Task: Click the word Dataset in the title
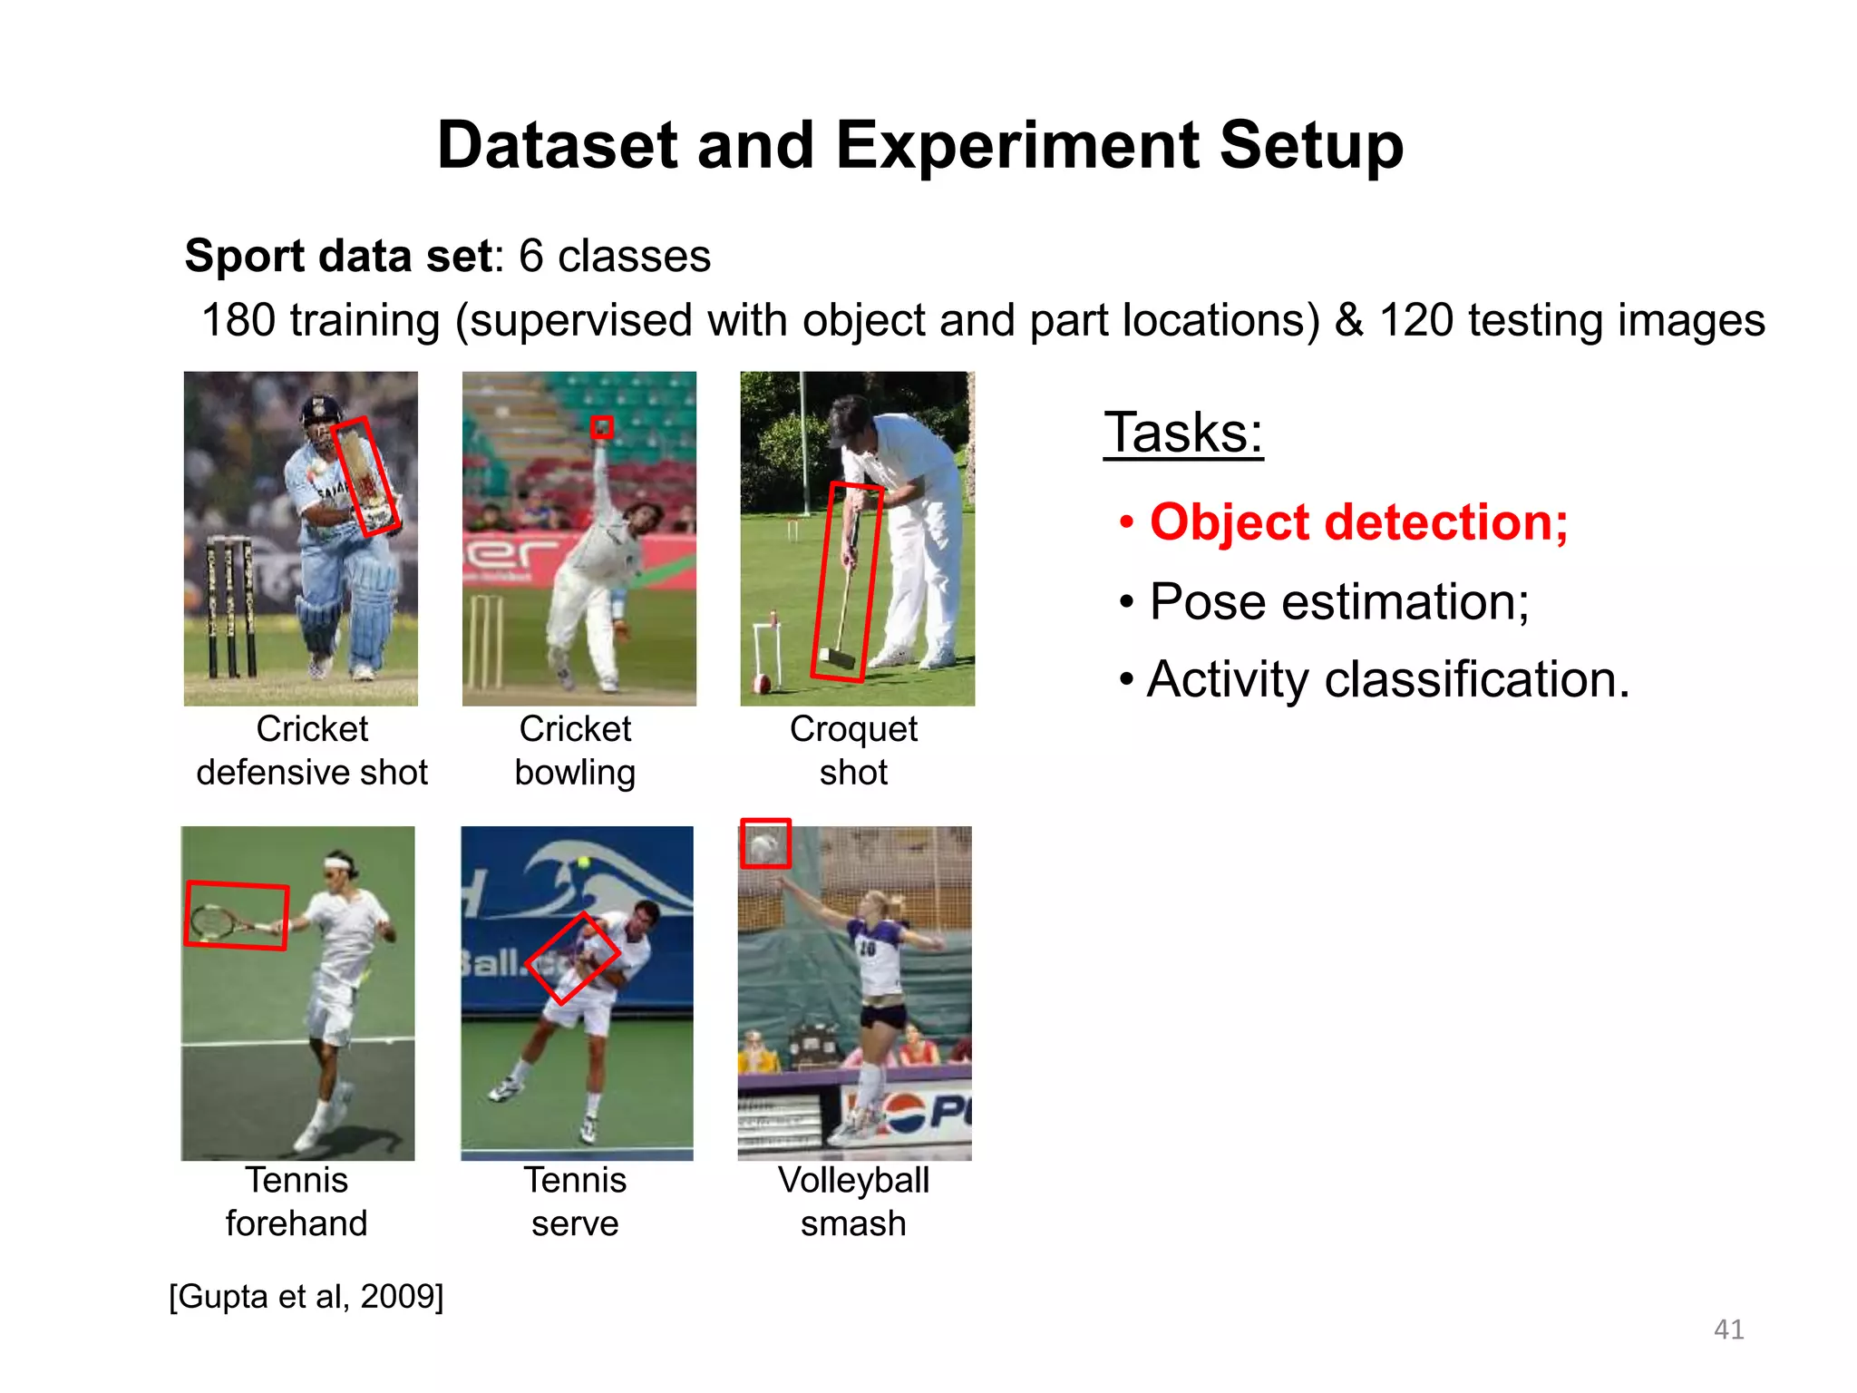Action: click(x=556, y=146)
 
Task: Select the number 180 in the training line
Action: click(x=238, y=321)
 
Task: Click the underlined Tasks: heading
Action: click(x=1182, y=433)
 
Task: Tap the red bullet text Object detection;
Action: click(x=1357, y=523)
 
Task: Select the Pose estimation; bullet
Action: click(x=1338, y=602)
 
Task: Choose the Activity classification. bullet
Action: click(x=1386, y=680)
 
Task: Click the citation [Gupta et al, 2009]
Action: click(x=306, y=1296)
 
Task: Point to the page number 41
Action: click(x=1728, y=1330)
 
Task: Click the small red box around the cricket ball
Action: click(x=601, y=427)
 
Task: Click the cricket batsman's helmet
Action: click(x=318, y=410)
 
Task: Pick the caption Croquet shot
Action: click(x=853, y=751)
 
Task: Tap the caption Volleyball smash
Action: click(x=853, y=1202)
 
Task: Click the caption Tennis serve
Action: click(x=575, y=1202)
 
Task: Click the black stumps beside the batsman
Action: click(x=230, y=608)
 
